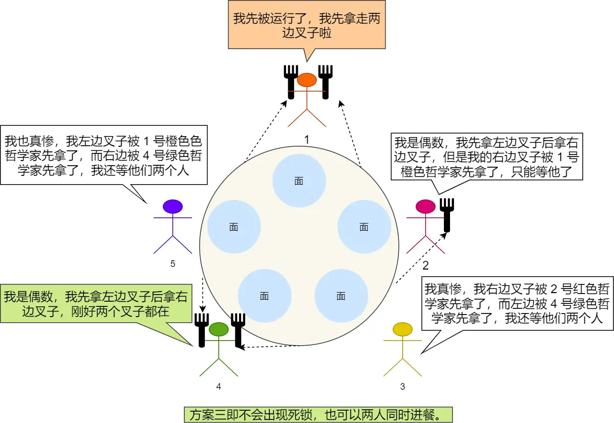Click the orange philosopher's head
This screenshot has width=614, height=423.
point(307,80)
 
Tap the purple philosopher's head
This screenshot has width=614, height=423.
point(173,206)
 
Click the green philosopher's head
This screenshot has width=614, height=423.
point(219,329)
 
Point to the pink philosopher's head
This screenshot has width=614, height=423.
point(426,206)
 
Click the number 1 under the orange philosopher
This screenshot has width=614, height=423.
point(306,139)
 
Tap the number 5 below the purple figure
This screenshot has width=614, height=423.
point(173,264)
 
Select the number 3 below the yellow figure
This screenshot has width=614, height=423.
point(403,387)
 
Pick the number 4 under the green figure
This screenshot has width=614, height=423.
point(219,387)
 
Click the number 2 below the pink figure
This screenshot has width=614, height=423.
point(426,265)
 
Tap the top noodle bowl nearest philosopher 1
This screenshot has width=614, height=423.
point(299,181)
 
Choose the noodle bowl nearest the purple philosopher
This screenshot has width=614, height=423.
point(234,227)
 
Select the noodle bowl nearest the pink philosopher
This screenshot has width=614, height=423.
point(364,227)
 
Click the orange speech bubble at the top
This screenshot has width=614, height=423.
point(306,26)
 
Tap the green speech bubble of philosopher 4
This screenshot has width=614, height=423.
point(95,304)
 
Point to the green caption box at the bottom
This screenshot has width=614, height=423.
point(318,414)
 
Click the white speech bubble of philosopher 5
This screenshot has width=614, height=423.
point(104,155)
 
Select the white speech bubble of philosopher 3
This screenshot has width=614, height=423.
point(517,303)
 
